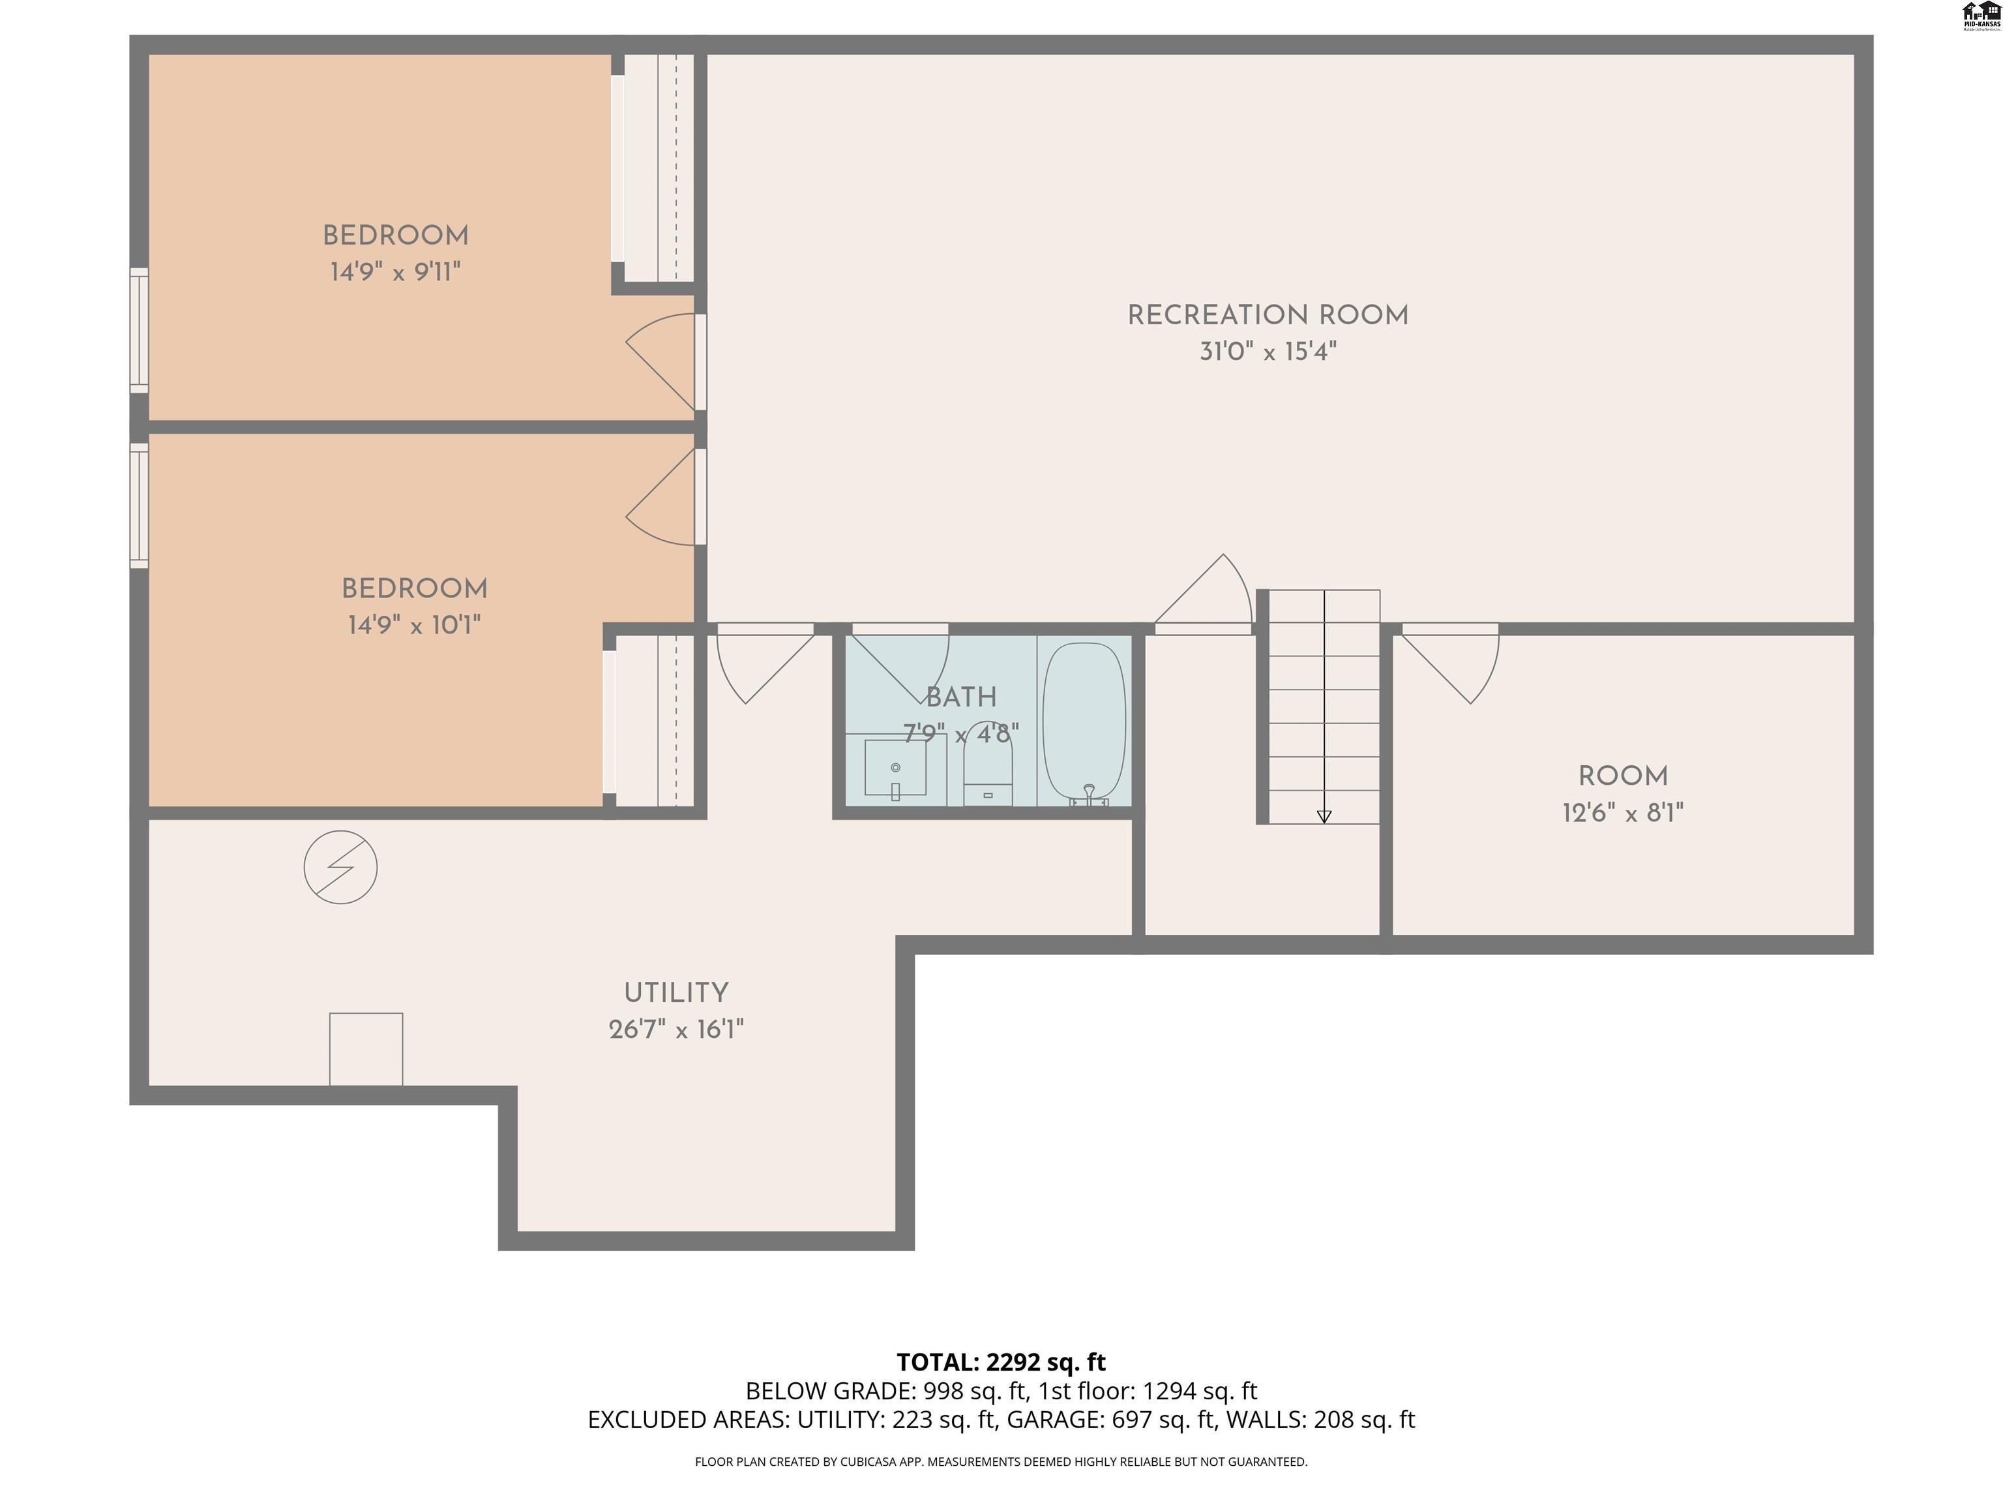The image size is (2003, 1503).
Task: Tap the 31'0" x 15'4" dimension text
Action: click(1267, 352)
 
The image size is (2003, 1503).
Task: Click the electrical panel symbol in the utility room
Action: click(340, 867)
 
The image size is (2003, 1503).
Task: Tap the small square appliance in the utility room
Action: click(366, 1048)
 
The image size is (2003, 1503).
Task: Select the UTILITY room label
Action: click(675, 993)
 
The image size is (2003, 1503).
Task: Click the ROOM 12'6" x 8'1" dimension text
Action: click(1623, 813)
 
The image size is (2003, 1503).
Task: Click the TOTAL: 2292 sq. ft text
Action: click(1001, 1363)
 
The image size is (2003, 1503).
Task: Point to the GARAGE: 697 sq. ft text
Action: click(1110, 1419)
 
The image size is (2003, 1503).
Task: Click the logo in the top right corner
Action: click(1980, 16)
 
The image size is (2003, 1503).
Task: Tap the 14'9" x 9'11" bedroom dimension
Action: click(395, 272)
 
